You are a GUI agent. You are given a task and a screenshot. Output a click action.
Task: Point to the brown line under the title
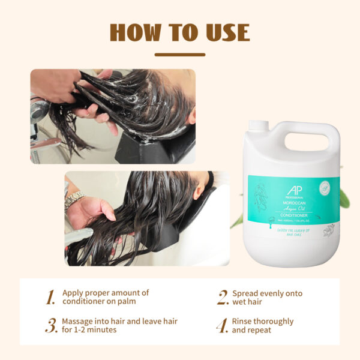(179, 55)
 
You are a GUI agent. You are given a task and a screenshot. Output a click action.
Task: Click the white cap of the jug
(258, 125)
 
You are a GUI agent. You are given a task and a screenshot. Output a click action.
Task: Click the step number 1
(51, 297)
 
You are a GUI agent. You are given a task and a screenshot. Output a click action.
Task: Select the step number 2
(223, 297)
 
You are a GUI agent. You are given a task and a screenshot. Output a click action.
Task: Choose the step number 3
(51, 326)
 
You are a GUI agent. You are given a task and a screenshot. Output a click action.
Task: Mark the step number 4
(223, 326)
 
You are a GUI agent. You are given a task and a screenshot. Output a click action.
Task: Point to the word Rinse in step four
(243, 322)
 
